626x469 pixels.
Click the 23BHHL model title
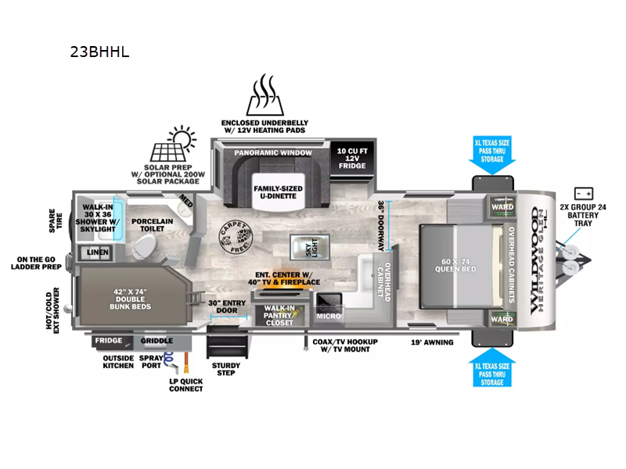tap(99, 53)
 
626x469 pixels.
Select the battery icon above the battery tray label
tap(583, 193)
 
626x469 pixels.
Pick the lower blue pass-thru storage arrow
tap(492, 367)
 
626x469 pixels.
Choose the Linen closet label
tap(97, 252)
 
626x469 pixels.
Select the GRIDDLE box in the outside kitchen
tap(156, 341)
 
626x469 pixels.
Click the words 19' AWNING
tap(432, 342)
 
